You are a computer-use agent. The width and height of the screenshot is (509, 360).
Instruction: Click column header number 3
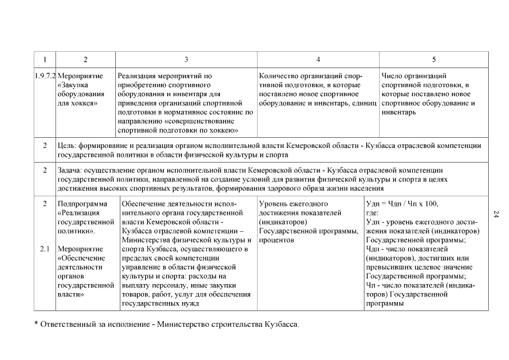point(186,59)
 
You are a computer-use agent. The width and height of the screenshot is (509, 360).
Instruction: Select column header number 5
point(434,59)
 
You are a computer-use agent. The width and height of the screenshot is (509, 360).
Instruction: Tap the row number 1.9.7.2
point(45,75)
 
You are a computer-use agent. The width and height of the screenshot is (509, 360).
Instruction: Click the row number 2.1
point(45,249)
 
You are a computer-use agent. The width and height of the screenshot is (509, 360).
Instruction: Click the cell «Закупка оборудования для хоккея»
point(80,94)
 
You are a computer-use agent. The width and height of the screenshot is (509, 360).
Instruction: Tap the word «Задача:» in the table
point(71,170)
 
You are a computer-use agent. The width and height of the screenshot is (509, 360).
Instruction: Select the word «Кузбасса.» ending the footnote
point(282,325)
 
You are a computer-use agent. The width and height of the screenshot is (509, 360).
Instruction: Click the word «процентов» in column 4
point(277,240)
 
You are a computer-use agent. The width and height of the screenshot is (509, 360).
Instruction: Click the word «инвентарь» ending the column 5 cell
point(398,112)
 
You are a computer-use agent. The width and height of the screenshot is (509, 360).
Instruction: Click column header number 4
point(318,59)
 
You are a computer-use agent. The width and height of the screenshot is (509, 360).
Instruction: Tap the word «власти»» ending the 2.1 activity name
point(71,294)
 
